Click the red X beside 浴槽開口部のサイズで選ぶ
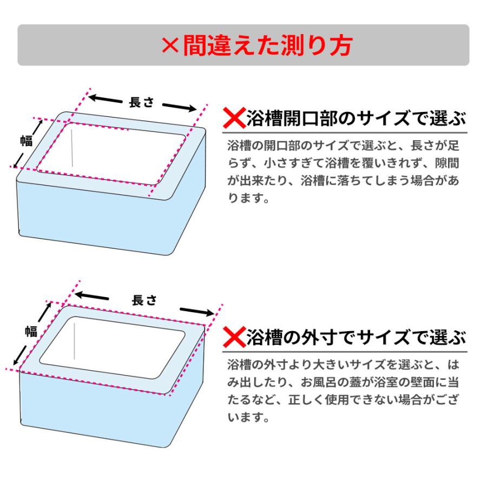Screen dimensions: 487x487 [234, 117]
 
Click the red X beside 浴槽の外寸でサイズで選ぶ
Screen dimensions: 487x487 [234, 338]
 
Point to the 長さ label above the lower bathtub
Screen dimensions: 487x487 [144, 301]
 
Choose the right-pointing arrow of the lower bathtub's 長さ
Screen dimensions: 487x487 [198, 312]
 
